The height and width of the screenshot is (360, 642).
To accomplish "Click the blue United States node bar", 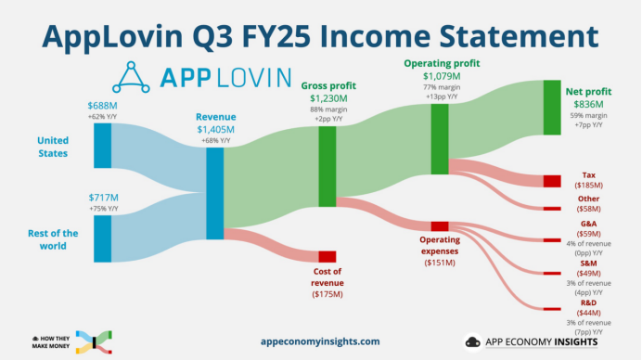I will click(x=103, y=146).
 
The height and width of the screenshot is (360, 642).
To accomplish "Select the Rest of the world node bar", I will click(x=103, y=239).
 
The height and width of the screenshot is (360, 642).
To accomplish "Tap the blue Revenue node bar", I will click(x=215, y=194).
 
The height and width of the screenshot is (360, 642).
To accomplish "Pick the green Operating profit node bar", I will click(x=440, y=139).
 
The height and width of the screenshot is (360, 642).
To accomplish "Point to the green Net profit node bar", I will click(x=552, y=108).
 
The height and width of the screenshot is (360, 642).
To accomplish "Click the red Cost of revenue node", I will click(x=327, y=256).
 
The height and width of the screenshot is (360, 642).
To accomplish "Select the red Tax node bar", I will click(x=552, y=181).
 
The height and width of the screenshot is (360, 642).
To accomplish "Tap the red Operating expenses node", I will click(x=440, y=226).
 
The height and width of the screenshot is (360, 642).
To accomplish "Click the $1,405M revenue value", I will click(x=216, y=129).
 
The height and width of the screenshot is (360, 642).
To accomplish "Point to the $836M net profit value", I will click(x=588, y=105).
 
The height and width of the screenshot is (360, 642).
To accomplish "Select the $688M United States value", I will click(x=103, y=108).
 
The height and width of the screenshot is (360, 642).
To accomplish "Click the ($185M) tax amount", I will click(x=588, y=186).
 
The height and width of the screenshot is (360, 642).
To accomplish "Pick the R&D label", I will click(x=588, y=302).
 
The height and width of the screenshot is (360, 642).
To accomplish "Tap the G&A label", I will click(x=588, y=224).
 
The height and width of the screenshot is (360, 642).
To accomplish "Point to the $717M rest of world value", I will click(x=103, y=198).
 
